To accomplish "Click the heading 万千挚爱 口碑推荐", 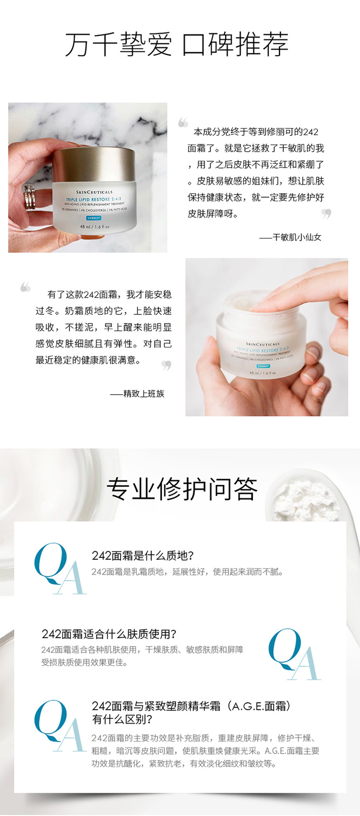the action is click(x=177, y=44).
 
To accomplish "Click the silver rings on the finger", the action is click(x=29, y=196).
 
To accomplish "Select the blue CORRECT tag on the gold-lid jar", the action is click(x=94, y=218).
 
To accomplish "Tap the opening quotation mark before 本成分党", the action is click(x=183, y=122).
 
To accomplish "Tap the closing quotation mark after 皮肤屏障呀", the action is click(x=326, y=214).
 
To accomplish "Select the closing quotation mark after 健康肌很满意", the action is click(x=166, y=365).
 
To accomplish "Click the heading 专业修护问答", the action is click(x=182, y=488).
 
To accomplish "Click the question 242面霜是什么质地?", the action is click(x=142, y=555).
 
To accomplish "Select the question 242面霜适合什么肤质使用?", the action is click(x=109, y=634).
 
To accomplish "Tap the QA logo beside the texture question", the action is click(x=60, y=569).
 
